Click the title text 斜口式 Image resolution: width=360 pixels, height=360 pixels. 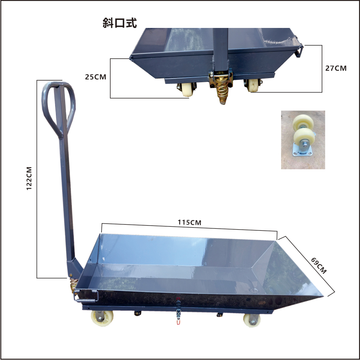(120, 23)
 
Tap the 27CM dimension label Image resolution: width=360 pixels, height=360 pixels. (336, 68)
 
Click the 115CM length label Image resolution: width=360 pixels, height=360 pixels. (189, 222)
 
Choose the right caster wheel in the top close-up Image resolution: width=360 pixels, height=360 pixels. (253, 86)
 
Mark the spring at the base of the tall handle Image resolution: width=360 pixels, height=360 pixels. (73, 285)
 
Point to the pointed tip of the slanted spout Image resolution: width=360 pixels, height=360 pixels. (322, 296)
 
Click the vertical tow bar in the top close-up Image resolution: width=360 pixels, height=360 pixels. (220, 49)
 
